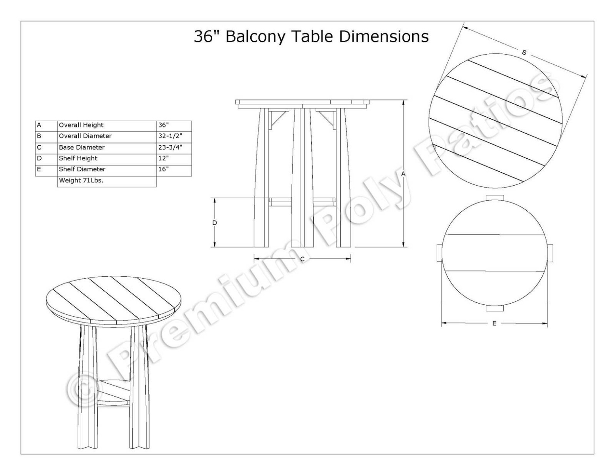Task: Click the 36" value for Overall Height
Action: coord(164,125)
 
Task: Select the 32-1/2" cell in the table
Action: coord(170,136)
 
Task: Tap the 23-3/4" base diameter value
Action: coord(170,147)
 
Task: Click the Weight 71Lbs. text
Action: coord(82,180)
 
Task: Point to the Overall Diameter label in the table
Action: coord(85,136)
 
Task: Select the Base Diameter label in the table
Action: coord(82,147)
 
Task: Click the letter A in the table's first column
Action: coord(39,125)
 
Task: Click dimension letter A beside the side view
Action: coord(403,174)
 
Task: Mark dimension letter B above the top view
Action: coord(524,52)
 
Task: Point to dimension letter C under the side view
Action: coord(302,259)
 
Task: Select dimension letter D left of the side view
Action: coord(215,223)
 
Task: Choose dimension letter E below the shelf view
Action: coord(494,323)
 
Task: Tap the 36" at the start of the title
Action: coord(207,36)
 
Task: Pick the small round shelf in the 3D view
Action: coord(114,391)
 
